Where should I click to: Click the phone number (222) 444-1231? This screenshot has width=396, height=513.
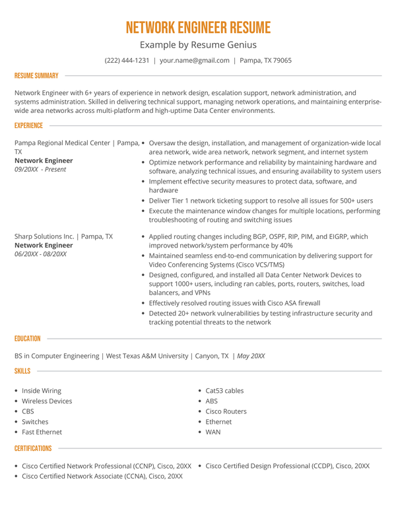(x=127, y=60)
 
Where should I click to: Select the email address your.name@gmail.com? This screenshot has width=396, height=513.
(x=195, y=60)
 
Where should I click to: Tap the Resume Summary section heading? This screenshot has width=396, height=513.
(x=36, y=76)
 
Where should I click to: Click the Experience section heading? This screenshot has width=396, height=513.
(x=28, y=125)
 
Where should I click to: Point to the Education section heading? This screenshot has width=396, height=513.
(x=28, y=339)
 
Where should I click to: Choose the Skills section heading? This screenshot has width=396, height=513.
(x=22, y=371)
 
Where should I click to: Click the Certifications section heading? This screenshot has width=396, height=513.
(x=33, y=449)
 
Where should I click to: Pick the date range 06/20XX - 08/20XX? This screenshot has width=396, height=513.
(x=41, y=254)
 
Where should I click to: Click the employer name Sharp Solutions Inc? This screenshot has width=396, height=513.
(x=44, y=236)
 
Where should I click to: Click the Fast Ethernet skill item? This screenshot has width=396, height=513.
(x=42, y=432)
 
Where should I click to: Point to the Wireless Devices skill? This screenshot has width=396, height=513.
(x=47, y=401)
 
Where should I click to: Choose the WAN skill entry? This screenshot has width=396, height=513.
(x=213, y=432)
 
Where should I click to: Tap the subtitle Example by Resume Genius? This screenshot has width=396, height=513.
(x=198, y=45)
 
